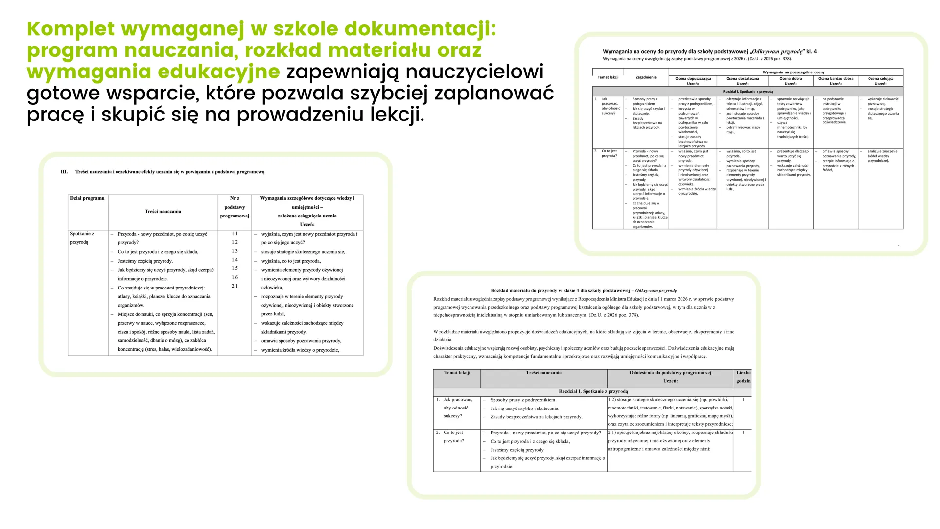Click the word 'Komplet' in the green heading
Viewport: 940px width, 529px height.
pos(70,29)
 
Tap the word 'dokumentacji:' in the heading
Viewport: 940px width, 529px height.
pos(421,29)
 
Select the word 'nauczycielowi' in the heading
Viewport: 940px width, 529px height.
pos(475,72)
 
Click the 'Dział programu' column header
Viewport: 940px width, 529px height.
pos(87,198)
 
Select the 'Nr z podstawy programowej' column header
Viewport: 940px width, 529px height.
pos(235,207)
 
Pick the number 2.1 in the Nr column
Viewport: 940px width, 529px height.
pos(235,286)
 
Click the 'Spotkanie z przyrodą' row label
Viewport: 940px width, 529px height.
pos(82,238)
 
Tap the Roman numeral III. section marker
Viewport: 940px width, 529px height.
pos(64,172)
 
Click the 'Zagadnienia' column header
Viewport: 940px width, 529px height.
pos(646,77)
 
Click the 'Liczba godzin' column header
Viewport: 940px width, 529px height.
pos(743,377)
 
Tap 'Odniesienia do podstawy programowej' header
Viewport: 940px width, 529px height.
pos(670,373)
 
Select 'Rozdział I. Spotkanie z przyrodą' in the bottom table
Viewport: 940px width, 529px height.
pos(593,391)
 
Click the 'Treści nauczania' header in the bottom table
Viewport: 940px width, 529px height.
pos(543,373)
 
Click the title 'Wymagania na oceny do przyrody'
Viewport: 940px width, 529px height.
pos(675,51)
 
